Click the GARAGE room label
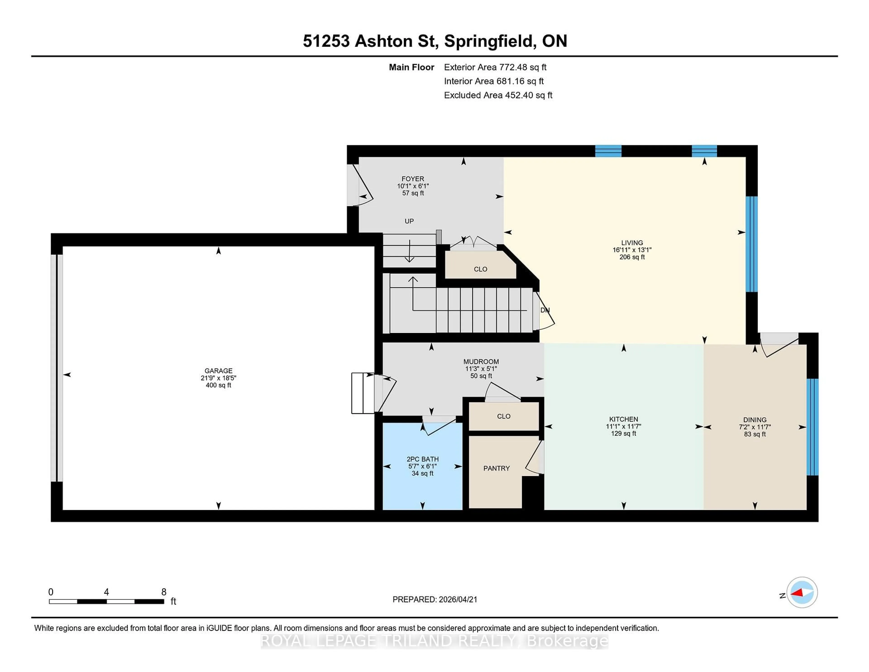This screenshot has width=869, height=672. pos(218,371)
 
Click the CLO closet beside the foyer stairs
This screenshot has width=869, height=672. pos(480,269)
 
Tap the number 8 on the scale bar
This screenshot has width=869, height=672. pos(164,592)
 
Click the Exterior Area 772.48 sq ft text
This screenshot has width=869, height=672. pos(495,67)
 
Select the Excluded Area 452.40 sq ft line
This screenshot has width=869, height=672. pos(498,95)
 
